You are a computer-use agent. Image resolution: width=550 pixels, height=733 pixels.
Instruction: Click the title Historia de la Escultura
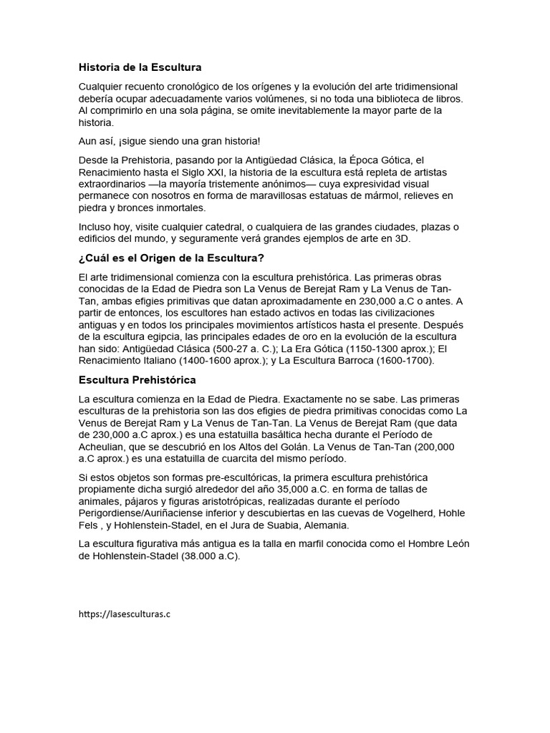[140, 67]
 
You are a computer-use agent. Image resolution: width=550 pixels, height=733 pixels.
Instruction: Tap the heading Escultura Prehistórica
[137, 379]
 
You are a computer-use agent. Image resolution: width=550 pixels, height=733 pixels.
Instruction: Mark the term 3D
[402, 239]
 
